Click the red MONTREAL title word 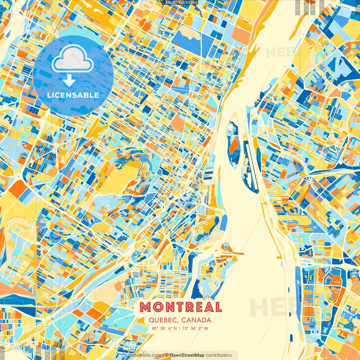tap(181, 307)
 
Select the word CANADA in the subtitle tap(196, 320)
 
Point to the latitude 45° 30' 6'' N tap(164, 328)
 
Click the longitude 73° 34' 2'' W tap(195, 328)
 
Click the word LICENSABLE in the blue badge tap(73, 95)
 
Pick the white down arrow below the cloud tap(69, 81)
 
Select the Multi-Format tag tap(180, 2)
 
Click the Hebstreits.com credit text tap(145, 355)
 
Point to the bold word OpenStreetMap tap(187, 355)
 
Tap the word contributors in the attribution tap(219, 355)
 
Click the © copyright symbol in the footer tap(167, 355)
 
